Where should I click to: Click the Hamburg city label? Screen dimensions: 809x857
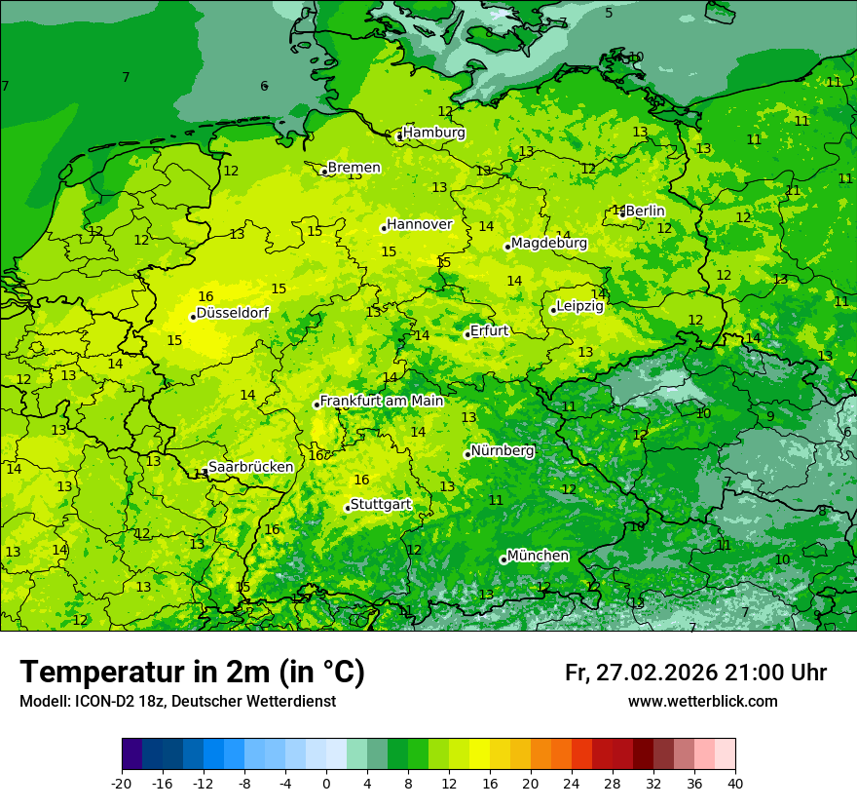pos(434,133)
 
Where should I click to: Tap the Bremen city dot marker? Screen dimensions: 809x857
pos(324,172)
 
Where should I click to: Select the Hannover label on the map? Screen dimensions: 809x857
pos(420,224)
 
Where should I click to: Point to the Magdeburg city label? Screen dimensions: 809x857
pos(549,243)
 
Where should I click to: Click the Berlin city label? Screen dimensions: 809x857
pos(645,211)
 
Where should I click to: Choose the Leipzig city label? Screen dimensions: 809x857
pos(580,306)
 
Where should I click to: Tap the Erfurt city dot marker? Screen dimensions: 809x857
pos(467,334)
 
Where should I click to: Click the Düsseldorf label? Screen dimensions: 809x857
pos(233,314)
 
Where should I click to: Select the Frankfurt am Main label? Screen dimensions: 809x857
pos(382,401)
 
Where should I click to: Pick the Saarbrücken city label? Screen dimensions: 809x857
pos(250,467)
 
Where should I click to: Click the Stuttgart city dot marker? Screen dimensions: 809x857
pos(348,508)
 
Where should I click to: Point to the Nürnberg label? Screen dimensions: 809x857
pos(503,451)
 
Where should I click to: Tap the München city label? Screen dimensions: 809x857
pos(538,556)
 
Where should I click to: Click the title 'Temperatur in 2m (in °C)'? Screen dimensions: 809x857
pos(192,673)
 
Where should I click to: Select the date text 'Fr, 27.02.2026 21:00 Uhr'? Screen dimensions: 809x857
pos(695,674)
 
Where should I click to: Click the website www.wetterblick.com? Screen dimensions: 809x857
pos(702,702)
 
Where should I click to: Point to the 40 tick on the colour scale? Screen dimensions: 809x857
pos(734,783)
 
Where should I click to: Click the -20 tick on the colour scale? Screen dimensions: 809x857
pos(122,783)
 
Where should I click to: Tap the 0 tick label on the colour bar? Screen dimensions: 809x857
pos(326,783)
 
